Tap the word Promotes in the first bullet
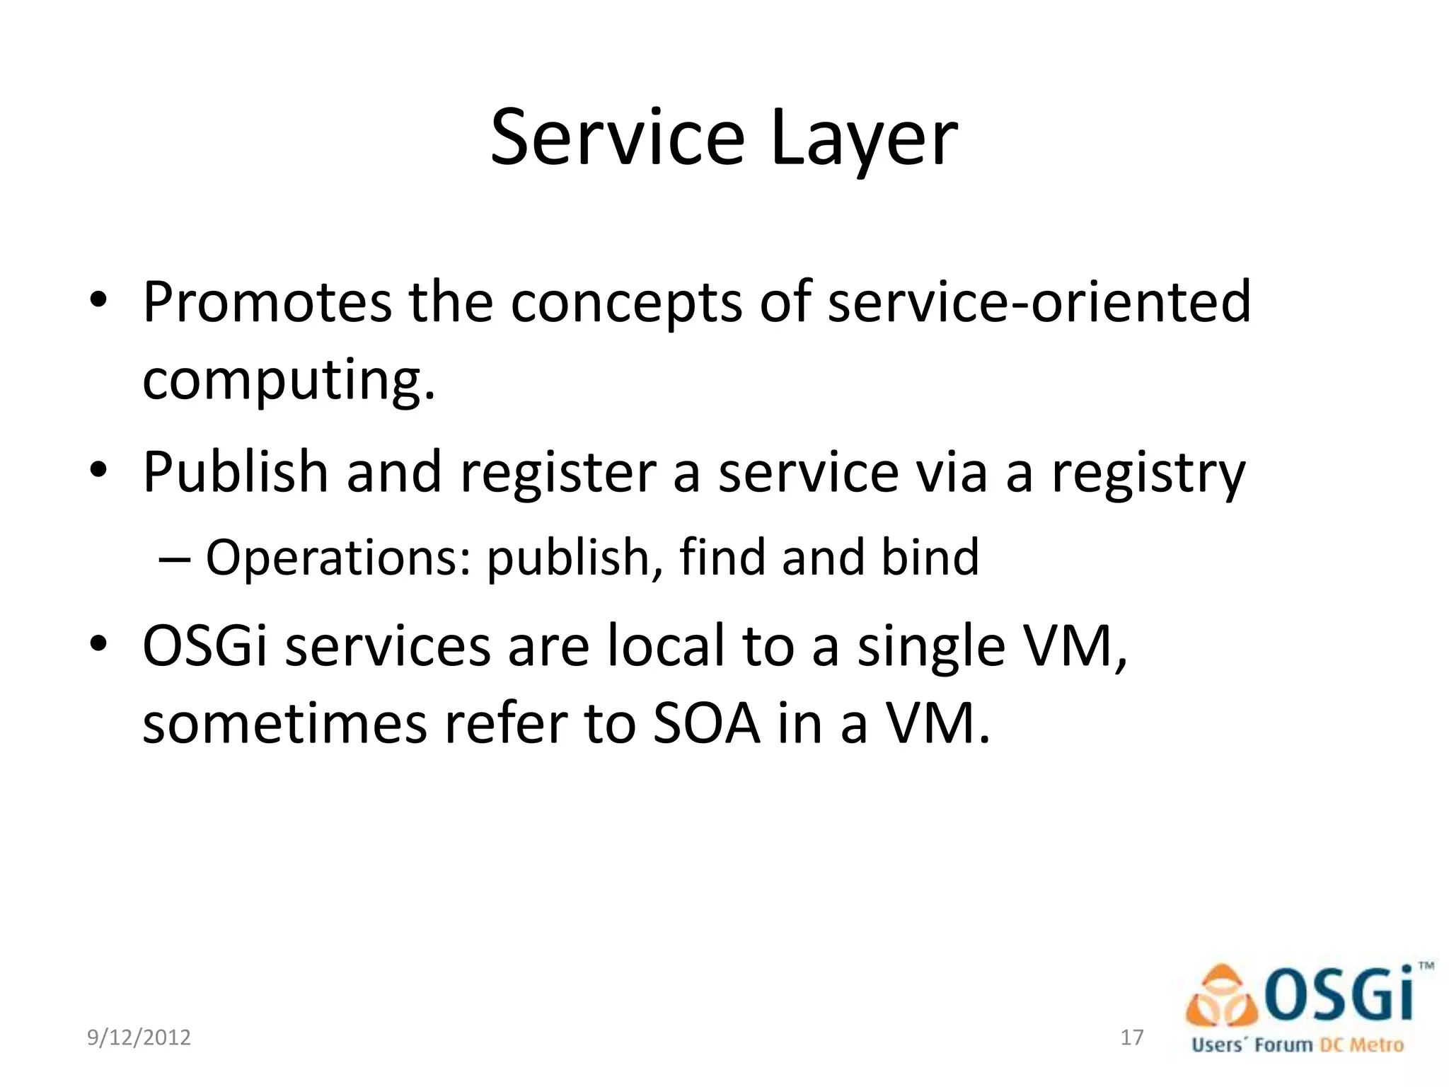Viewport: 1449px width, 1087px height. coord(267,302)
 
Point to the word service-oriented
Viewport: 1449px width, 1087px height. coord(1039,302)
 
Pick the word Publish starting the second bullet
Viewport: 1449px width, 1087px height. coord(235,473)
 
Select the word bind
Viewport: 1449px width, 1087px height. coord(930,557)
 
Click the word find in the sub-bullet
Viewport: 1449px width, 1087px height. coord(722,557)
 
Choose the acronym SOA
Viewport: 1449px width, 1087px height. coord(706,724)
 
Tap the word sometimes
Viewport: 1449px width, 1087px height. coord(284,724)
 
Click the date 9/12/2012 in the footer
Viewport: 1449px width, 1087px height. coord(139,1037)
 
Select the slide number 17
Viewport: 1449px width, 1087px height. coord(1132,1037)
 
